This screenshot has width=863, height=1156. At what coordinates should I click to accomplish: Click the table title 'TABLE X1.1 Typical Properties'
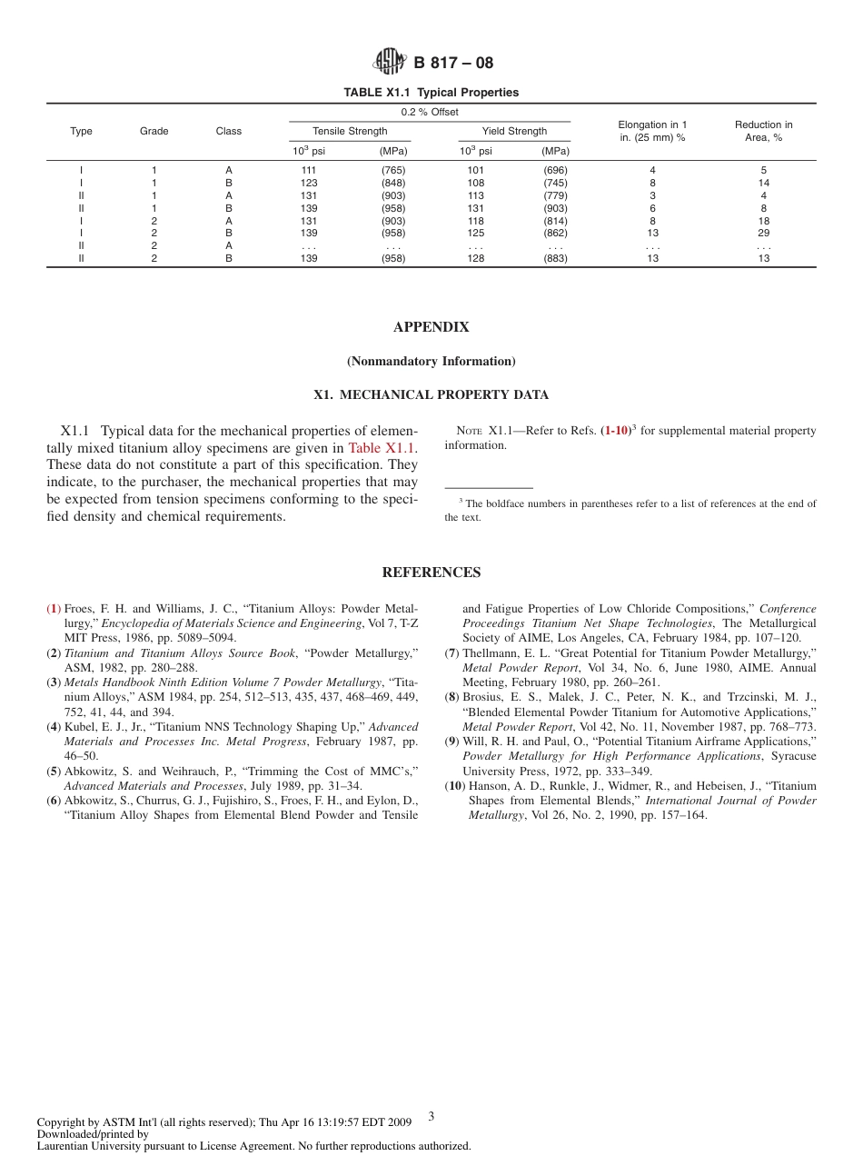(431, 93)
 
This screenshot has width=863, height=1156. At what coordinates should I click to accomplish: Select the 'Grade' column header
(154, 131)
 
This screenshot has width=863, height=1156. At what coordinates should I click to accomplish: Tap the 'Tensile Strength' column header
(350, 131)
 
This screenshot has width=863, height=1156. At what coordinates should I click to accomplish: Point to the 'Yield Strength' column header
(514, 131)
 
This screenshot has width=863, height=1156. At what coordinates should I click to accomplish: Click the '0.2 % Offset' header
(430, 112)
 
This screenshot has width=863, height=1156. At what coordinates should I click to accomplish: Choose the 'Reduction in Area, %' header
(763, 131)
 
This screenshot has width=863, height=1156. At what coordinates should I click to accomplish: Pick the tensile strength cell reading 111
(308, 170)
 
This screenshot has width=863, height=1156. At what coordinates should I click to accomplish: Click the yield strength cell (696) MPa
(556, 170)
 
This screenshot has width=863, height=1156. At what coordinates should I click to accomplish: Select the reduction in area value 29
(763, 233)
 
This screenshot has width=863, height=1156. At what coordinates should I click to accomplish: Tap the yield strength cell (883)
(556, 258)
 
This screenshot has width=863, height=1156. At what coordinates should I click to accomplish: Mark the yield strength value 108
(475, 183)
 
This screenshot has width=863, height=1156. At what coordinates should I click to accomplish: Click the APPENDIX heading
(431, 327)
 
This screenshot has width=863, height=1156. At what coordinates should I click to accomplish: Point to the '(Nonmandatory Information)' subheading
(431, 362)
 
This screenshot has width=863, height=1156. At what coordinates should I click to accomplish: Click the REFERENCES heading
(431, 573)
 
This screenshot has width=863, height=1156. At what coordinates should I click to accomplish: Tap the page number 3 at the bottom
(431, 1116)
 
